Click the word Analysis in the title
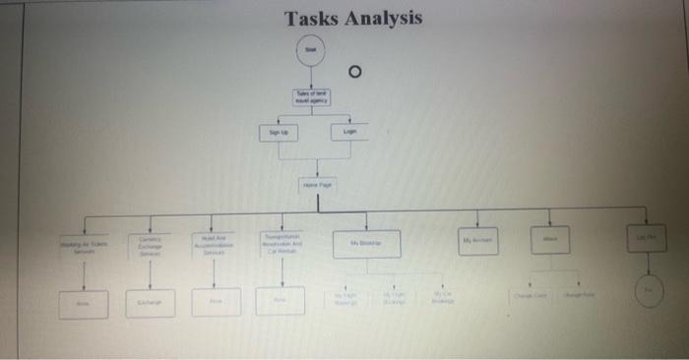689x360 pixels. [382, 19]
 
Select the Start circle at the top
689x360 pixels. [311, 49]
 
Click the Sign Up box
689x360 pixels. [279, 131]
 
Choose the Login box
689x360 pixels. [349, 131]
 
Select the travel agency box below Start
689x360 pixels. [311, 96]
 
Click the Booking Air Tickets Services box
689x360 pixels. [84, 243]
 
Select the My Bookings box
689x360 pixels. [365, 243]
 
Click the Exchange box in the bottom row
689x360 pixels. [150, 302]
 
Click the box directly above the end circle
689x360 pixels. [648, 237]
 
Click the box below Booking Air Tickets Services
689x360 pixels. [84, 302]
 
